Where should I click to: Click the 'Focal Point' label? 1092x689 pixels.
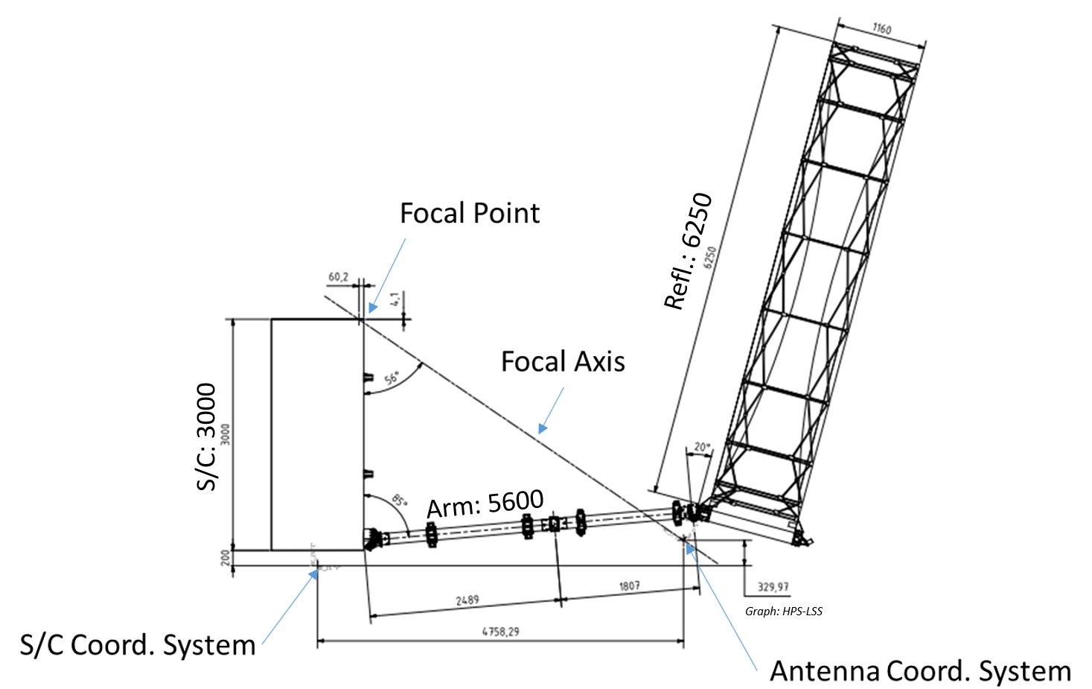point(470,213)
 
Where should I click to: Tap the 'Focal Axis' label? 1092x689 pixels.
point(563,361)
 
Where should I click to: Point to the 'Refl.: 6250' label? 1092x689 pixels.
point(689,250)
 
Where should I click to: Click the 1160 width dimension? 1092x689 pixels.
point(881,29)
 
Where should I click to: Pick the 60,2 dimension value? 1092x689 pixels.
point(339,277)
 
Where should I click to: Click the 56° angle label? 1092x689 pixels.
point(392,378)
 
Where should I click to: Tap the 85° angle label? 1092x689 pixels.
point(399,501)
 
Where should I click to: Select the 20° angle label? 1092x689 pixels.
point(702,447)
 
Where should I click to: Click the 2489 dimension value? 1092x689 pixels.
point(467,600)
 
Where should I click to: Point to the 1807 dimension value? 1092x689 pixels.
point(630,585)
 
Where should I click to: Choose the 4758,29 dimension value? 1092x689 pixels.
point(501,631)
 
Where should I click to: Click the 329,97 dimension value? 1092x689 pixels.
point(773,587)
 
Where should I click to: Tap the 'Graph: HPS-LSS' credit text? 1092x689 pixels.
point(784,612)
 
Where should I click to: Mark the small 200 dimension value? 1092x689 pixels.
point(226,558)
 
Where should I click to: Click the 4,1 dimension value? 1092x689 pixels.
point(396,298)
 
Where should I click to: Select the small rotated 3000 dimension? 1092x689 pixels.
point(226,434)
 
